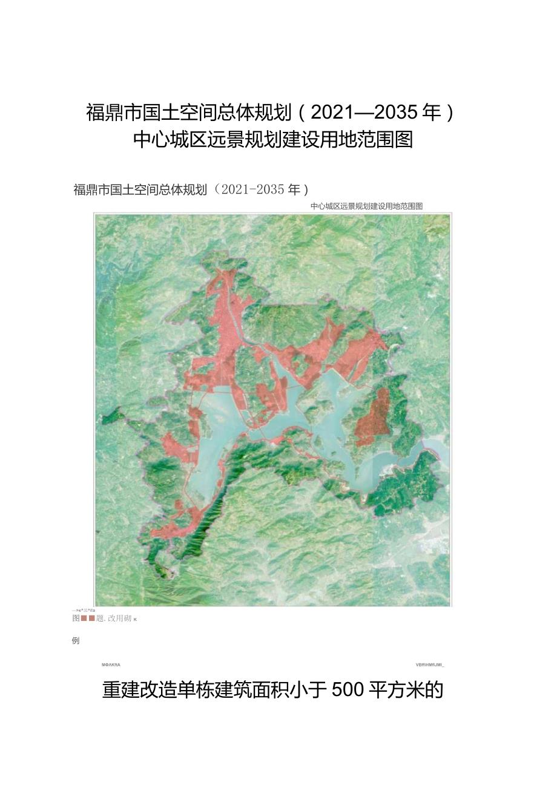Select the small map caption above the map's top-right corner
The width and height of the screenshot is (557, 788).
(366, 206)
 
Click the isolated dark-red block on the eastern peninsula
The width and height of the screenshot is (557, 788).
(373, 418)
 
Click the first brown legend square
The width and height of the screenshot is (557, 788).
(85, 619)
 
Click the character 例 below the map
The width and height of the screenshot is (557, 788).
(76, 640)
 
